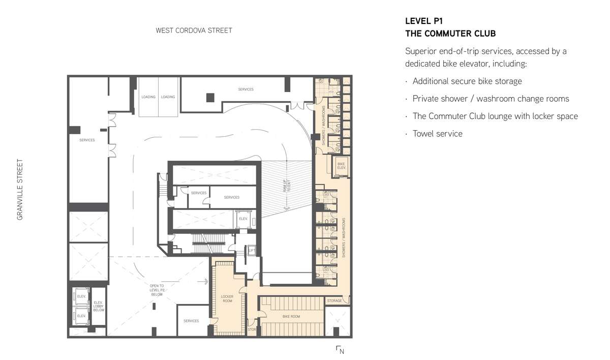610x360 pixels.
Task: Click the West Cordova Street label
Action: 194,31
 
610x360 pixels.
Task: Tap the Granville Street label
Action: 20,189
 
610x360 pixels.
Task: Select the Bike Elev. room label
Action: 342,166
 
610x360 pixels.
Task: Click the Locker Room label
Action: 227,298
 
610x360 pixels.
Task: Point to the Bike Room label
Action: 291,316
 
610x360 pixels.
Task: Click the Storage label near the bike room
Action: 334,301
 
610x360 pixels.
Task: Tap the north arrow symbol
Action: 340,350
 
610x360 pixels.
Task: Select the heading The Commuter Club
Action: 450,34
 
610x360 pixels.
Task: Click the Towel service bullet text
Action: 437,134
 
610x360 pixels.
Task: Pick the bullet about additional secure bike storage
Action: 467,81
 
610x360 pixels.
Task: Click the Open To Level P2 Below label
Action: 157,290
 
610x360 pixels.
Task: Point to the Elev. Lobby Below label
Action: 99,306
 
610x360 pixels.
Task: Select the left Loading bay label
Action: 148,97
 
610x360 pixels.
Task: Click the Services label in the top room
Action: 246,89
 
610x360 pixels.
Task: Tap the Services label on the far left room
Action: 87,140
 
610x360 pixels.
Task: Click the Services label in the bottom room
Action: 191,321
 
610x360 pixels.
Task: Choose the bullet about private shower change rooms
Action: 491,99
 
